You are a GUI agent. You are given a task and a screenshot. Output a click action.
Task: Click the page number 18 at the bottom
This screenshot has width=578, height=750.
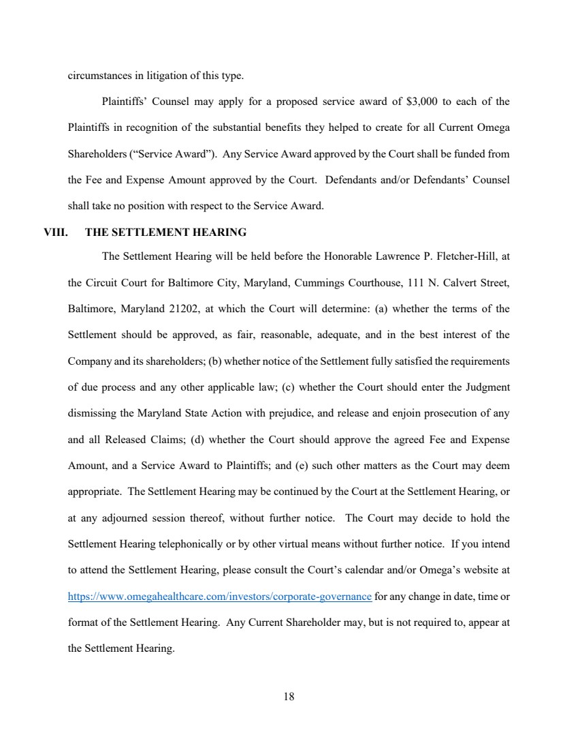click(x=289, y=697)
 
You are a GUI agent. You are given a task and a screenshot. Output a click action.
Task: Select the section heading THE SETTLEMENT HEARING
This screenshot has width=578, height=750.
click(x=165, y=232)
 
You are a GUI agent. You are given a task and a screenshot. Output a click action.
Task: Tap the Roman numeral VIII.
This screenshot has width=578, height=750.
click(x=55, y=232)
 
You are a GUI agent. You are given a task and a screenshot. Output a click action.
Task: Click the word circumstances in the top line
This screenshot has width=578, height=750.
click(x=95, y=76)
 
